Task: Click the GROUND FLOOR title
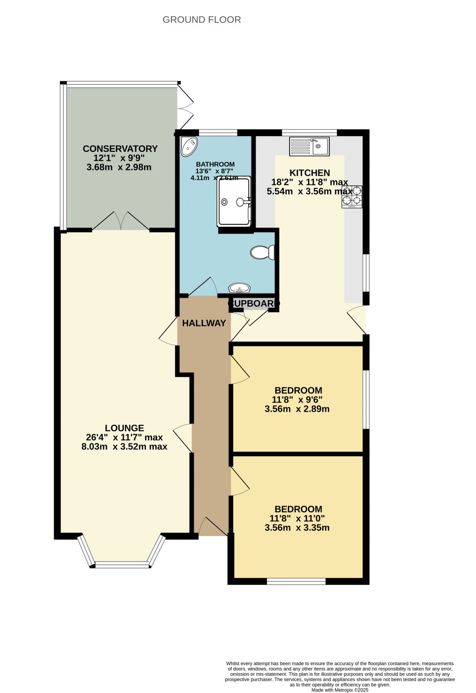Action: [x=202, y=20]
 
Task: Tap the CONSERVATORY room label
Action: [x=120, y=149]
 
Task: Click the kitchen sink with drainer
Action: [x=309, y=146]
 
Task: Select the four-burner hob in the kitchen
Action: [x=352, y=196]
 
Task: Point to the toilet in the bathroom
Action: [x=262, y=252]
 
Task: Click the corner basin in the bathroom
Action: [x=189, y=146]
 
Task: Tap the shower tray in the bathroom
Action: [x=234, y=202]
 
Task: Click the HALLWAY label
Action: [x=204, y=323]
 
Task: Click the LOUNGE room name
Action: [x=124, y=428]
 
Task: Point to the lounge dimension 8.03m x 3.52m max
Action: [x=124, y=447]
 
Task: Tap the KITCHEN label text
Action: [x=310, y=173]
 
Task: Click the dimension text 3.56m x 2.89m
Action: [x=297, y=409]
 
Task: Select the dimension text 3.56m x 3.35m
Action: [x=297, y=528]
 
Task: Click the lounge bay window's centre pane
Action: [x=122, y=565]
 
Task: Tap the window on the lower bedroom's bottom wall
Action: [x=296, y=581]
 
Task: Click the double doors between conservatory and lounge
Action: [x=121, y=222]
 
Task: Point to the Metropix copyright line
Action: [x=340, y=690]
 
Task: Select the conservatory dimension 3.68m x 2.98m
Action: [x=119, y=167]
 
